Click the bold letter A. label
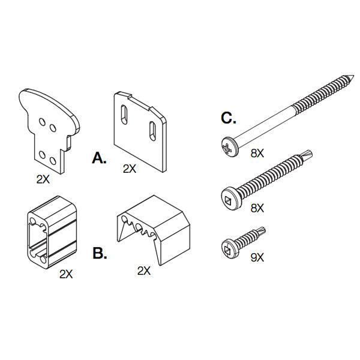pos(99,158)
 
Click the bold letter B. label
pos(100,253)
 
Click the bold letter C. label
pos(229,118)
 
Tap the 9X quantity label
pos(257,257)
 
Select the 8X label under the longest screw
pos(257,153)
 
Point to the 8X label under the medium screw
pos(257,208)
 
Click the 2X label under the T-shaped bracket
pos(43,179)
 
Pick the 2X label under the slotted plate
pos(130,169)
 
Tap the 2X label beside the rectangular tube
pos(66,274)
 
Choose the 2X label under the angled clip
pos(144,271)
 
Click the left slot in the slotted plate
pos(124,115)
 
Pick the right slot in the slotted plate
pos(152,131)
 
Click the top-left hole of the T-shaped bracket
pos(42,122)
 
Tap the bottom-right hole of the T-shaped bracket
pos(53,161)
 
